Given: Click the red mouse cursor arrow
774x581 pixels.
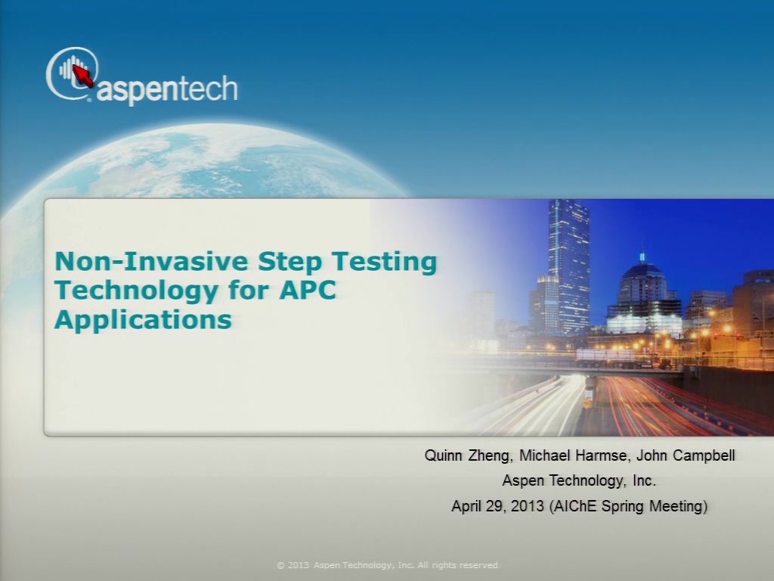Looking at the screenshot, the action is point(82,76).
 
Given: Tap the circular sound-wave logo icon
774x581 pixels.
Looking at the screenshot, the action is point(72,73).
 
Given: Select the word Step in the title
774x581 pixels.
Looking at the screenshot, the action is point(289,262).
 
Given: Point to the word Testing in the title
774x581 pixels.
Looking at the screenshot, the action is point(385,263).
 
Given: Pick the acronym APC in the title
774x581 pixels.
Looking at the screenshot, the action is point(308,290).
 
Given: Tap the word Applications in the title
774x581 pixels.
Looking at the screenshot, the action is point(143,320).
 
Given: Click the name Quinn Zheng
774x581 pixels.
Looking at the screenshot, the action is point(467,455).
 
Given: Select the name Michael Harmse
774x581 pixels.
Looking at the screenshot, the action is point(573,455).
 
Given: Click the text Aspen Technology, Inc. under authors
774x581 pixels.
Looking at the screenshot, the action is point(579,480).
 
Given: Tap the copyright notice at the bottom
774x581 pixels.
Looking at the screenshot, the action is point(388,565).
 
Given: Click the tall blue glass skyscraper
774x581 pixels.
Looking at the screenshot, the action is point(568,267).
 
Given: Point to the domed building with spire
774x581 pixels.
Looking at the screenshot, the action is point(642,291).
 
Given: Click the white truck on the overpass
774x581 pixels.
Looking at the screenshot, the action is point(605,358).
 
